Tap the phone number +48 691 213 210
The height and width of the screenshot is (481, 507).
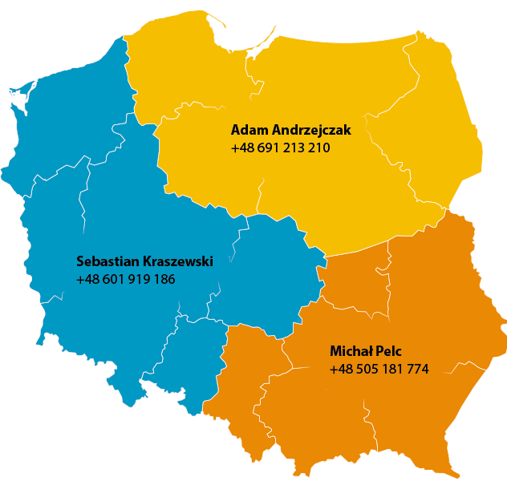[280, 148]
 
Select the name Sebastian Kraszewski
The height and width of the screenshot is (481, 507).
[144, 261]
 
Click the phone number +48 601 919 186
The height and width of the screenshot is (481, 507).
[125, 280]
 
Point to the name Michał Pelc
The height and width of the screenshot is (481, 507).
[365, 351]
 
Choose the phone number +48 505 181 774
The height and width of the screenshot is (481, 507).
[379, 370]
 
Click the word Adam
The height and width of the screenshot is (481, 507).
[245, 130]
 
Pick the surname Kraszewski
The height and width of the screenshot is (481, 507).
[178, 261]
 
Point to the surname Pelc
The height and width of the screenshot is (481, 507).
[387, 351]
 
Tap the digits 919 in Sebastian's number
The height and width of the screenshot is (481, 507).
[136, 280]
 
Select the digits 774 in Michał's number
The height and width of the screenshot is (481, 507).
[417, 370]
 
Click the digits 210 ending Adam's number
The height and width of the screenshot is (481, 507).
[318, 148]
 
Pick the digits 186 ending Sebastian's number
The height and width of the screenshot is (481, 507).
[163, 280]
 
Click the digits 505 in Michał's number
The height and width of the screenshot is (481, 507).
[365, 370]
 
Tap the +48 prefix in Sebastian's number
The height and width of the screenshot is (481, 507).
[87, 280]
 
